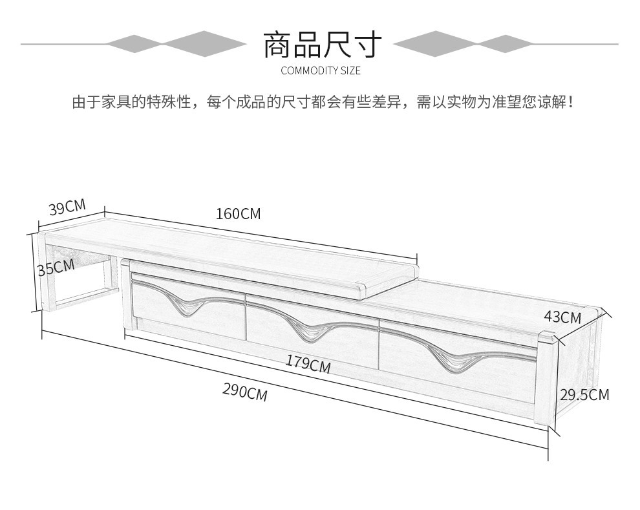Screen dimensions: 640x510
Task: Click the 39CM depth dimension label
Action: [x=67, y=207]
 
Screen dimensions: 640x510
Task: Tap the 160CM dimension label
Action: [x=238, y=213]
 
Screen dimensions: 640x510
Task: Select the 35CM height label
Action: [x=56, y=267]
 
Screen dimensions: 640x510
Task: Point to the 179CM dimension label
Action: [x=308, y=363]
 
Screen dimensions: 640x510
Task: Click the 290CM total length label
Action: [x=245, y=392]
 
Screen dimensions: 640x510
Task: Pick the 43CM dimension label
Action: [x=562, y=317]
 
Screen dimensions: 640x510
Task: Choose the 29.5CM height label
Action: [x=584, y=395]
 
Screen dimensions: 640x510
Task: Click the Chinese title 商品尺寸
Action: [x=323, y=44]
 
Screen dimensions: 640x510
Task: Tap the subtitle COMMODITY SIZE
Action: [x=321, y=71]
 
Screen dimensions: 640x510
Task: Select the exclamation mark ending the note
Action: [x=570, y=102]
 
